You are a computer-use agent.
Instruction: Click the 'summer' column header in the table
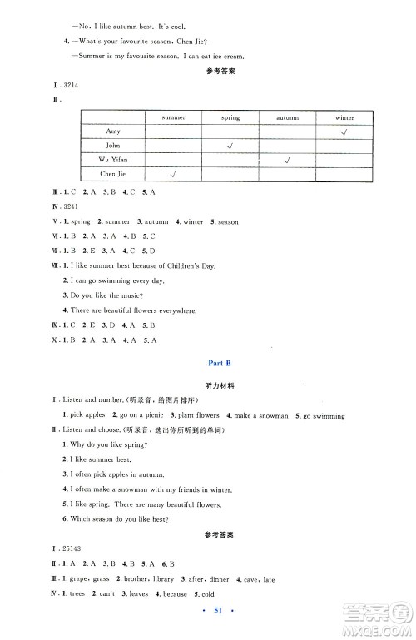[174, 117]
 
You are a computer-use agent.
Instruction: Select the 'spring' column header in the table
[230, 117]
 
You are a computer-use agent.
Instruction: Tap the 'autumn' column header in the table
[287, 117]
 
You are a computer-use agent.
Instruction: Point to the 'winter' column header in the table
[344, 117]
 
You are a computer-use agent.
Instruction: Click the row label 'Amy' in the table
[114, 131]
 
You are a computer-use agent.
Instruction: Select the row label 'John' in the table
[114, 146]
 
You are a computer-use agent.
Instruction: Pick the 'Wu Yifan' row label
[114, 160]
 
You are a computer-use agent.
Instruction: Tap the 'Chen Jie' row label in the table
[114, 174]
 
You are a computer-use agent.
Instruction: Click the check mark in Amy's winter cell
[344, 131]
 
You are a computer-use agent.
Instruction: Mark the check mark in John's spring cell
[230, 146]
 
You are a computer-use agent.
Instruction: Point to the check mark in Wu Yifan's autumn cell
[287, 160]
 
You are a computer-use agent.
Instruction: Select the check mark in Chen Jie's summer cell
[174, 174]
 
